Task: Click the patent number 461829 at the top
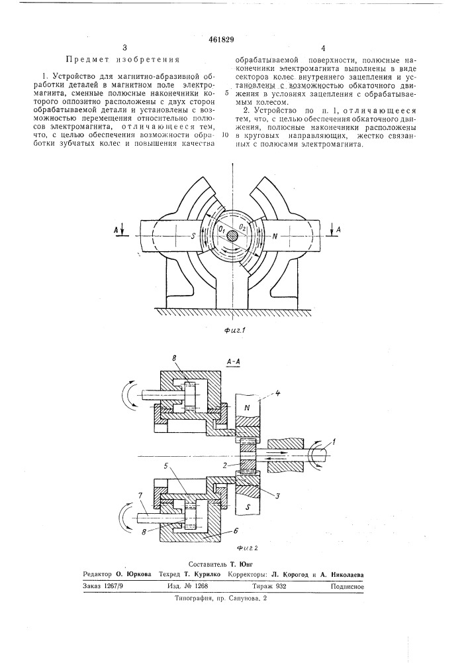221,40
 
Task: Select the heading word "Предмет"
83,60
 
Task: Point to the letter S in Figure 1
193,237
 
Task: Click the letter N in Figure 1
275,237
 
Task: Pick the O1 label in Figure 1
221,229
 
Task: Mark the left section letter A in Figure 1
116,229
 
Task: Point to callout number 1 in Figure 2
334,443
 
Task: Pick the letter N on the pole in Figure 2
248,408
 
